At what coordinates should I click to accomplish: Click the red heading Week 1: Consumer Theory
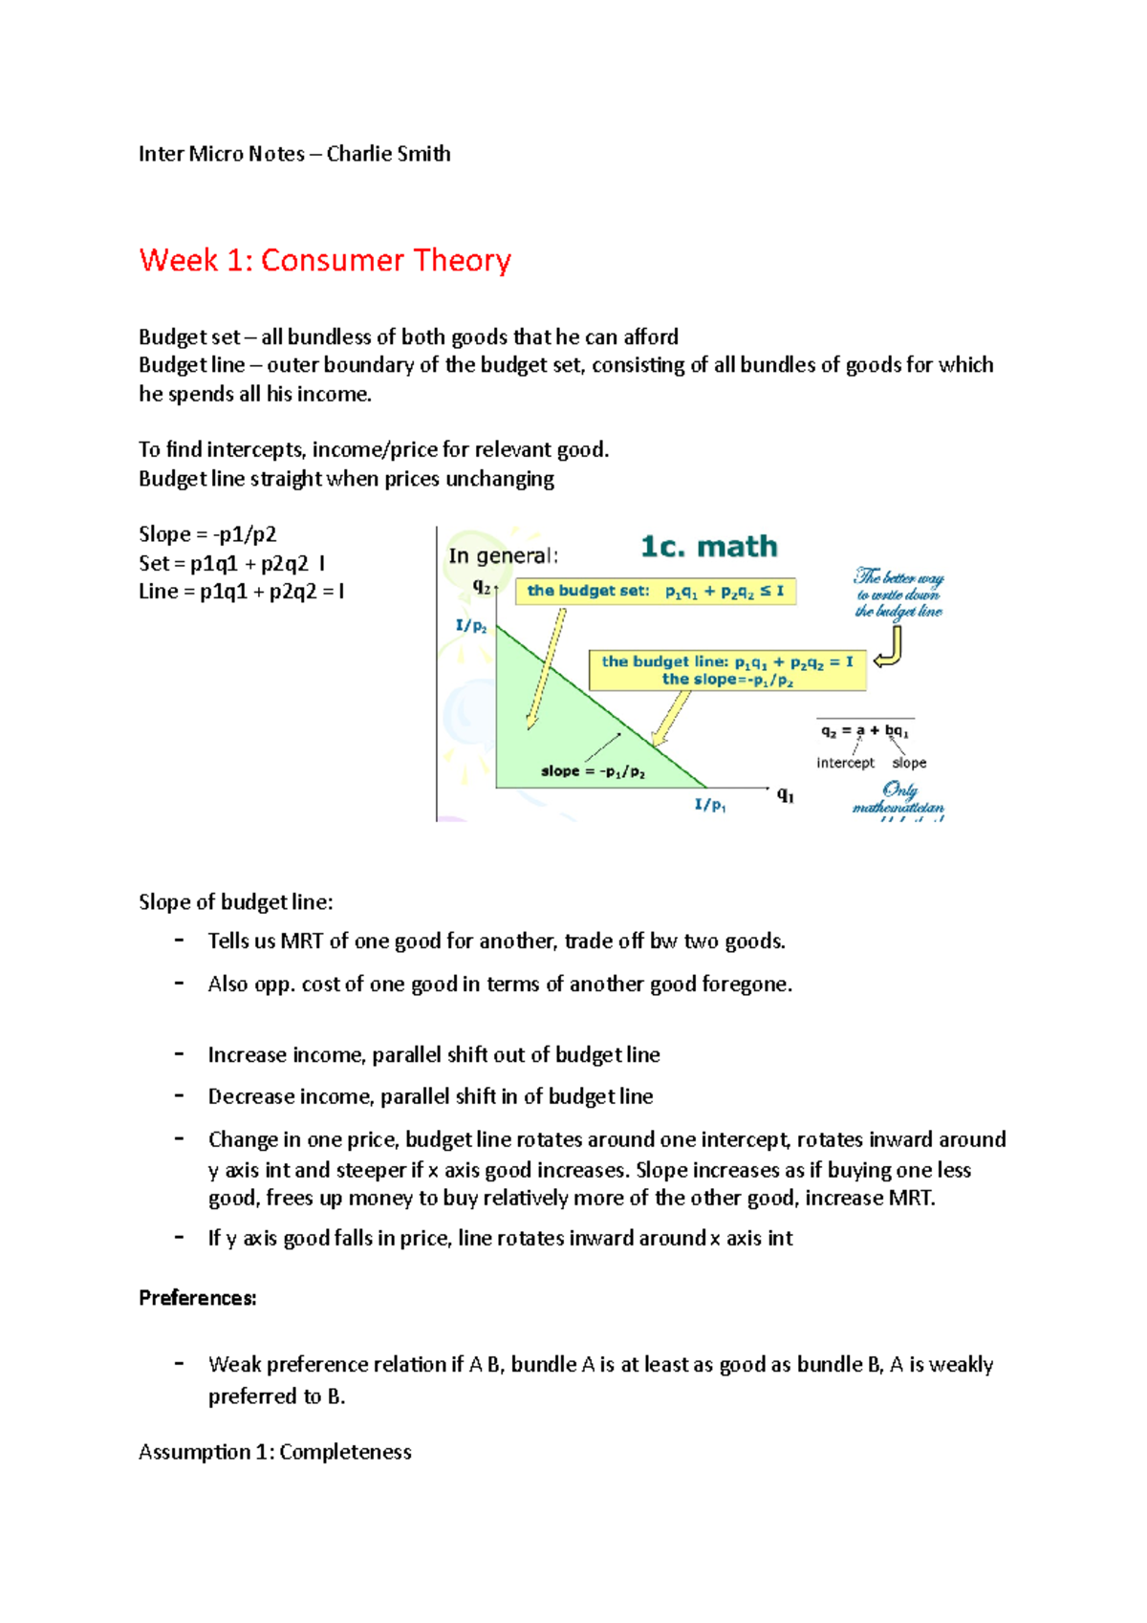pos(325,260)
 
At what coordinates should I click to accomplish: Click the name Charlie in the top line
pos(354,154)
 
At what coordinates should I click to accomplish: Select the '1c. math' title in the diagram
pos(708,547)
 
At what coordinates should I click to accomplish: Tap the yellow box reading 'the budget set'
pos(655,592)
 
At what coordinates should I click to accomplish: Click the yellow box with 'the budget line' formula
pos(727,670)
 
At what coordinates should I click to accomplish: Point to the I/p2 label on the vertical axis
pos(471,627)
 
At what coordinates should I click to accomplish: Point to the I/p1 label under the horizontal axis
pos(709,805)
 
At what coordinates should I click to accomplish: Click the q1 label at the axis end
pos(786,794)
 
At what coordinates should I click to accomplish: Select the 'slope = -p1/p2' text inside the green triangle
pos(593,771)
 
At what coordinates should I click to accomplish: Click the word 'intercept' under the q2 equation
pos(845,763)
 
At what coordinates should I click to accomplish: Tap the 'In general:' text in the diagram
pos(503,556)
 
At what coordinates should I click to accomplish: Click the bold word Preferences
pos(197,1298)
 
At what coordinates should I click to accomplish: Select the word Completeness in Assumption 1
pos(345,1452)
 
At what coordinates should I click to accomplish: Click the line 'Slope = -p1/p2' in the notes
pos(207,534)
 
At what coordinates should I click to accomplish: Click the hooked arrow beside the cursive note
pos(891,647)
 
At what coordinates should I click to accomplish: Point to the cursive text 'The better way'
pos(898,577)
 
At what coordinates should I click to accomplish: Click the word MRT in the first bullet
pos(301,941)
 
